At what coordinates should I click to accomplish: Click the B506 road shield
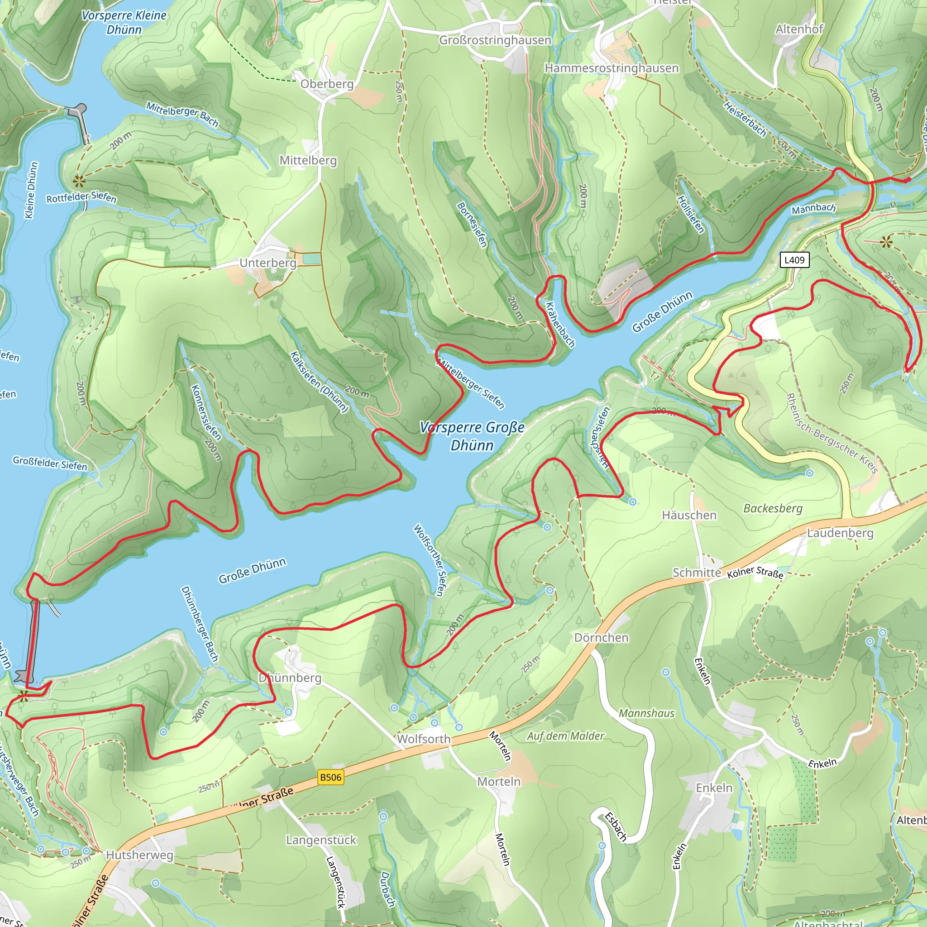click(x=330, y=777)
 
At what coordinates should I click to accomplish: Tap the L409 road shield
click(x=794, y=260)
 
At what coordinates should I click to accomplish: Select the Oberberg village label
click(x=327, y=84)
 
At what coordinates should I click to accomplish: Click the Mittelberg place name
click(x=308, y=160)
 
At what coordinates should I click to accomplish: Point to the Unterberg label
click(x=268, y=263)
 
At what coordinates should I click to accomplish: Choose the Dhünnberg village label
click(x=290, y=678)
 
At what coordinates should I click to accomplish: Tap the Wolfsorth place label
click(x=424, y=739)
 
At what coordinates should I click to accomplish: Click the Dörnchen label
click(x=601, y=638)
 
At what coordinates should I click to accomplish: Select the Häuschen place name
click(x=689, y=515)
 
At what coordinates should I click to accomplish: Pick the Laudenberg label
click(x=840, y=533)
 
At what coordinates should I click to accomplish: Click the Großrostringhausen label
click(x=495, y=40)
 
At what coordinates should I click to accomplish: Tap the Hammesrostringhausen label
click(x=612, y=68)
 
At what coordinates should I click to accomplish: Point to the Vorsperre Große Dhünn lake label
click(x=472, y=436)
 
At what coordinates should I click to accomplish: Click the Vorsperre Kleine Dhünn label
click(x=124, y=22)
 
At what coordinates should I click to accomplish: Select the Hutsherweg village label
click(x=139, y=855)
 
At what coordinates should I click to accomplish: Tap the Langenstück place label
click(x=321, y=840)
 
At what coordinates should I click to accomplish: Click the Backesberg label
click(x=773, y=508)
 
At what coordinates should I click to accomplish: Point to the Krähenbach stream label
click(x=560, y=325)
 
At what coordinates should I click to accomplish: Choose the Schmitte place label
click(x=697, y=573)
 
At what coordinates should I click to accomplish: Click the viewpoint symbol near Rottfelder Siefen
click(x=79, y=181)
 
